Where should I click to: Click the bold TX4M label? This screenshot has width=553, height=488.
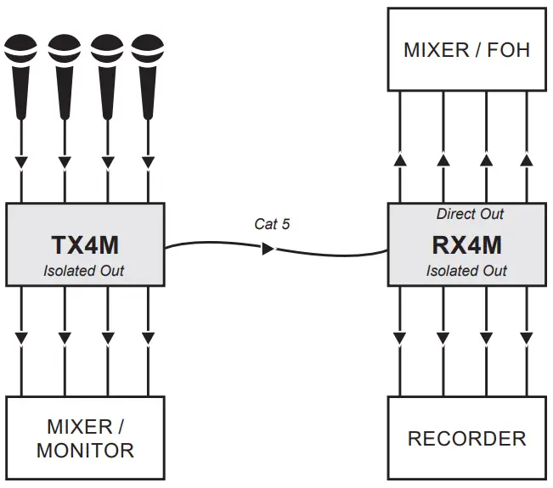click(x=85, y=246)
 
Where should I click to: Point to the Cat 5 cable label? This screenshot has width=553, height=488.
click(x=272, y=224)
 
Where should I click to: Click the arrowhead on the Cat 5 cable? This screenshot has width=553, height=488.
click(x=268, y=250)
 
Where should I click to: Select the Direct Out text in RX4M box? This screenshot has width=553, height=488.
click(x=470, y=214)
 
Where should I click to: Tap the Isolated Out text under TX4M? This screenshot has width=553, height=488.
click(x=84, y=271)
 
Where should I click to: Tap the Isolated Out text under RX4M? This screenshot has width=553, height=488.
click(x=466, y=271)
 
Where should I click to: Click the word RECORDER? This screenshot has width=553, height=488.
click(x=466, y=439)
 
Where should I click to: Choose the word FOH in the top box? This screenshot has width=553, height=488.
click(x=510, y=49)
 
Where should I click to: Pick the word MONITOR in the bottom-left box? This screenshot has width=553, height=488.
click(x=85, y=450)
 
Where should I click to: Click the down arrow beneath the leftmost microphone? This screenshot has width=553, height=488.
click(x=21, y=161)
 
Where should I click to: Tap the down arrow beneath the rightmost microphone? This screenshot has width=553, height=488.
click(x=148, y=161)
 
